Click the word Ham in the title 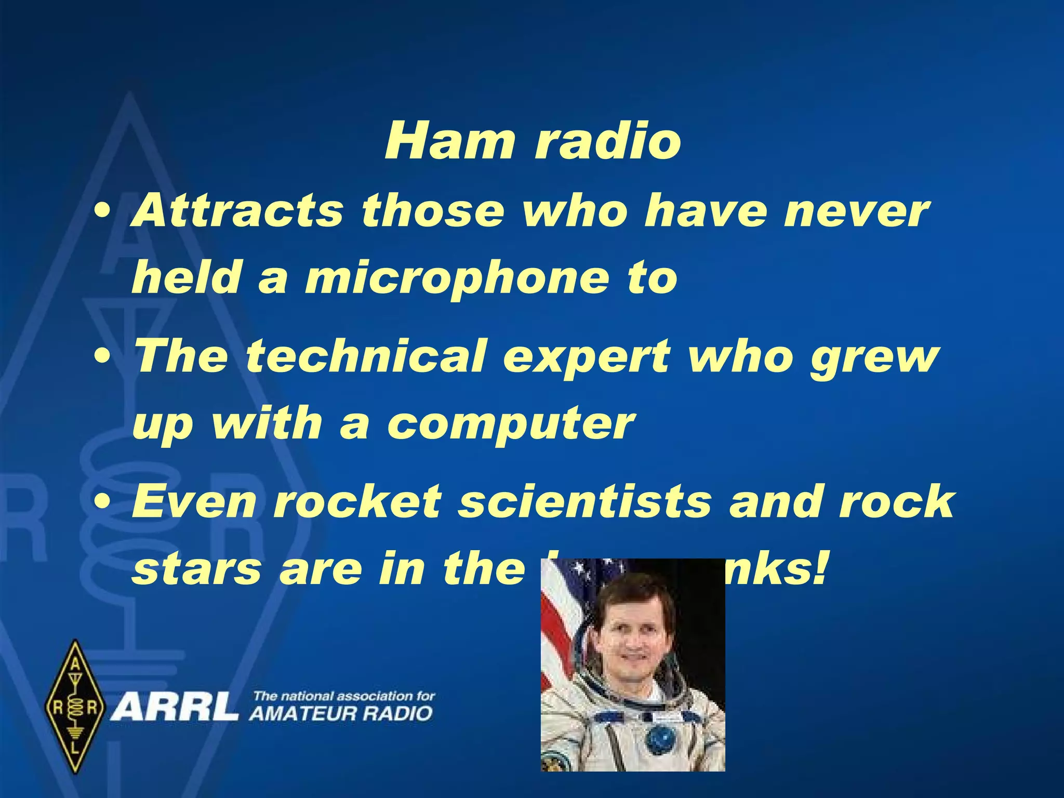pos(450,141)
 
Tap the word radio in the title pos(607,141)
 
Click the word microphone pos(456,278)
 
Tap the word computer pos(510,424)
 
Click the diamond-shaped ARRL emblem pos(76,707)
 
